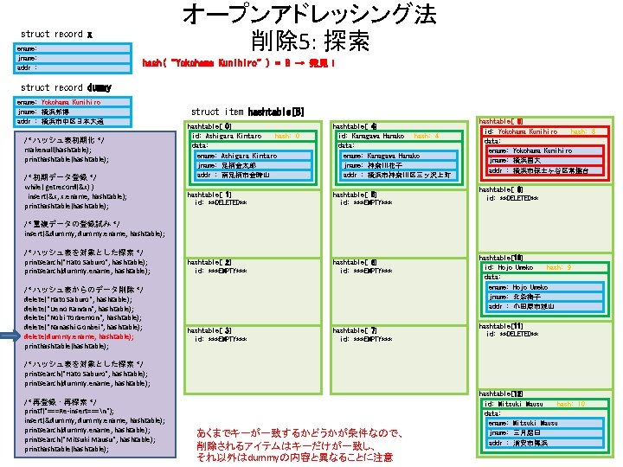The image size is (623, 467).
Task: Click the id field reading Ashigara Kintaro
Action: [227, 136]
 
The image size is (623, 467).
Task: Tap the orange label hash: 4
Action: [427, 136]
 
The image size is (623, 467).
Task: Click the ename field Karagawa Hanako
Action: [381, 155]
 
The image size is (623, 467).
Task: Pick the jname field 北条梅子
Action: [515, 297]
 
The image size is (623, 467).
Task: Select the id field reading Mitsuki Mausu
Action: [514, 404]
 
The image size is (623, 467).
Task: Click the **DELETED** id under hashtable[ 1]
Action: [222, 202]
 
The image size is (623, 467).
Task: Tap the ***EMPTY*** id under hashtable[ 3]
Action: [222, 338]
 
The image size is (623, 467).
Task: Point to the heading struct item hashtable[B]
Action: [247, 112]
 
